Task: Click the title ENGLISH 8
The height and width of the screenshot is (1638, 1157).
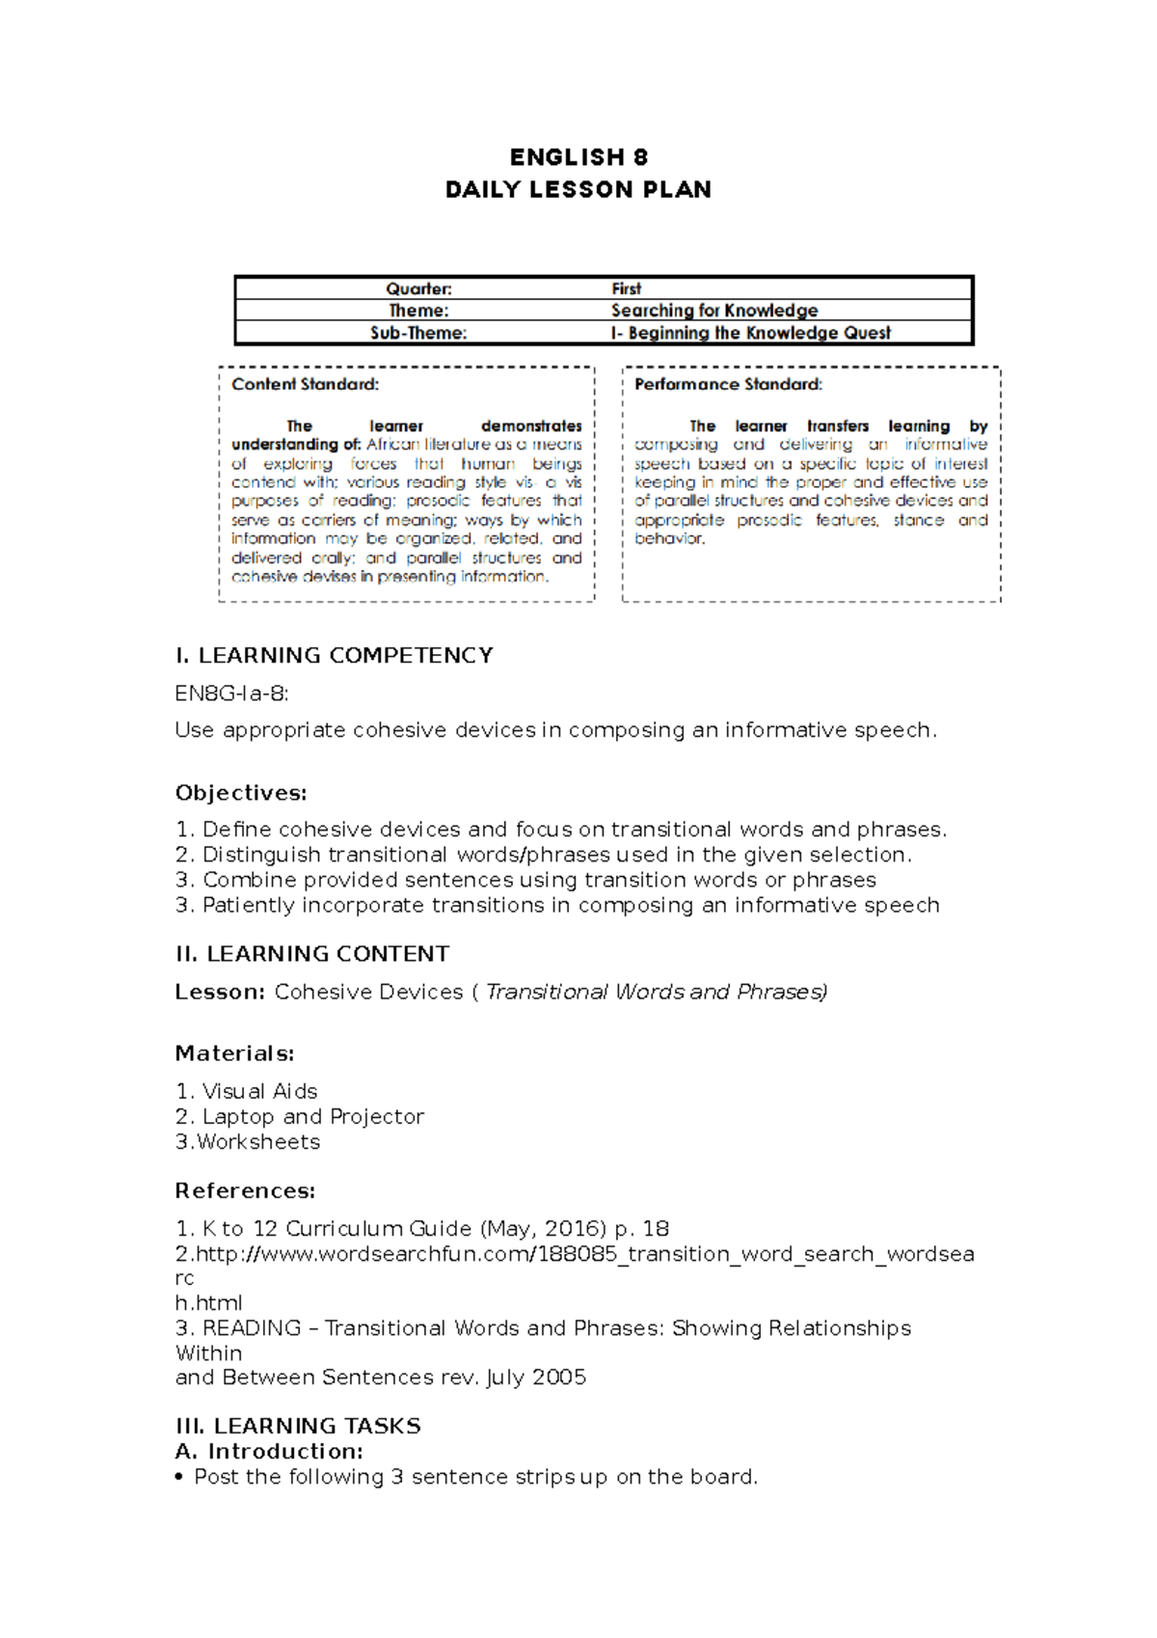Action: point(578,157)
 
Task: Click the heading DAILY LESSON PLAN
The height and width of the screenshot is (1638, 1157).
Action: point(578,189)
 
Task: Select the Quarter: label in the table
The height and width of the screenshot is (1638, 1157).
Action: point(418,288)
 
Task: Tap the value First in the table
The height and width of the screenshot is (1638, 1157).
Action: point(626,288)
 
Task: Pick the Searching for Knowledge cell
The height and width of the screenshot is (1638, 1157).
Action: point(713,311)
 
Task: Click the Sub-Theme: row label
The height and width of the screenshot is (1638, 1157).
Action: point(418,333)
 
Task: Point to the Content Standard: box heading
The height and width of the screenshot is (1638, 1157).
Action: point(305,384)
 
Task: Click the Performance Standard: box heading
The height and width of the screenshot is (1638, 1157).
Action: point(728,384)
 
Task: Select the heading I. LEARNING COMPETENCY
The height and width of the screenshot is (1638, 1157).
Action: point(334,656)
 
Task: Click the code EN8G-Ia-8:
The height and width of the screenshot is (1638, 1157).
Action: point(231,694)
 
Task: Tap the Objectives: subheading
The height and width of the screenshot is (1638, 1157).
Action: point(241,793)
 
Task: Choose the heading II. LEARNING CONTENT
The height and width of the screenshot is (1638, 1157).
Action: point(312,954)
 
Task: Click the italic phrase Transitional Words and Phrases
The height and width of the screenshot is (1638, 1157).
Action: point(656,992)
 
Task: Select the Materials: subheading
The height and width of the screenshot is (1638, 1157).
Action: point(234,1053)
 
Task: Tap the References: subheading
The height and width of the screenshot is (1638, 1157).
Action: point(245,1191)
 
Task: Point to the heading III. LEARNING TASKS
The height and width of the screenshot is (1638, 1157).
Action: point(298,1426)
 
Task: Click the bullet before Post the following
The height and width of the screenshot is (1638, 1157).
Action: point(179,1478)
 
